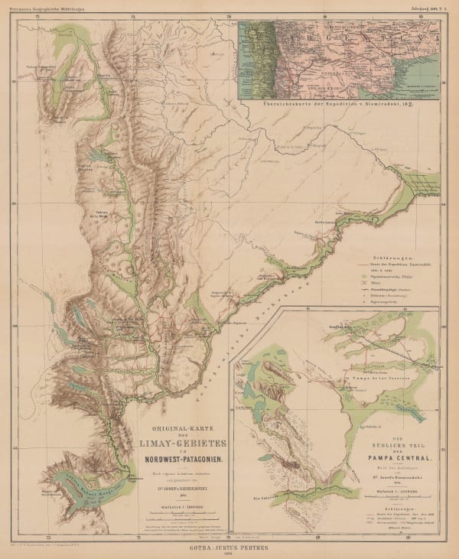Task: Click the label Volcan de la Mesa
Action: (110, 214)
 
